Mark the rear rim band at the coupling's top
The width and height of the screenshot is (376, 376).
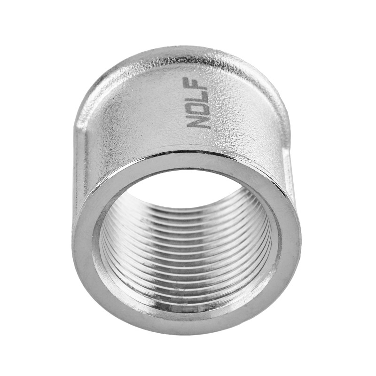(x=188, y=53)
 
